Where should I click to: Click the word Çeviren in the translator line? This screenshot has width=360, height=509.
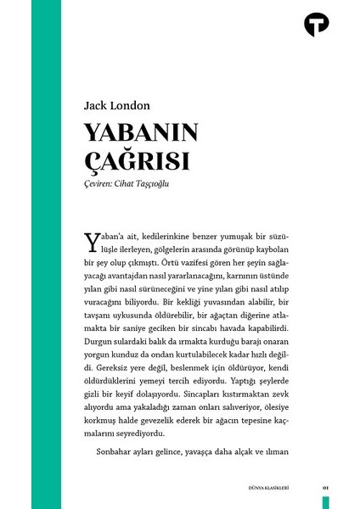104,182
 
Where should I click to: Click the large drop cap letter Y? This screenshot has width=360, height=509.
93,242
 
